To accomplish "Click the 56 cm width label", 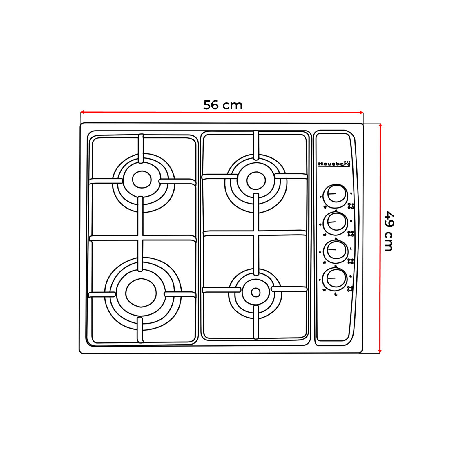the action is pyautogui.click(x=223, y=105).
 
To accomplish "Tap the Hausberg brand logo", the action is pyautogui.click(x=334, y=164).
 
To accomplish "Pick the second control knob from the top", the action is pyautogui.click(x=337, y=222).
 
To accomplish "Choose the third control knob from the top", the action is pyautogui.click(x=337, y=249).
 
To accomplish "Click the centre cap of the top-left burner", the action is pyautogui.click(x=142, y=180).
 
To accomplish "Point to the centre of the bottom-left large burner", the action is pyautogui.click(x=141, y=293).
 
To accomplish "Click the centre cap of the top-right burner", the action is pyautogui.click(x=256, y=180).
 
